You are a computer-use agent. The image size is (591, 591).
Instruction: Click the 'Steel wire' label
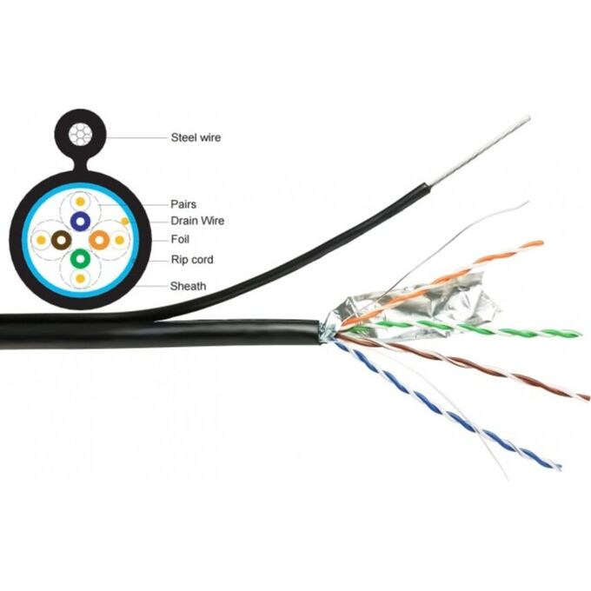coord(196,137)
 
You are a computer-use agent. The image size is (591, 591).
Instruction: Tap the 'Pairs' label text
coord(184,204)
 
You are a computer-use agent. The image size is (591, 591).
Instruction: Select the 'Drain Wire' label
coord(197,221)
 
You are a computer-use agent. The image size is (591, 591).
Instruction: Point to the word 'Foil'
coord(181,239)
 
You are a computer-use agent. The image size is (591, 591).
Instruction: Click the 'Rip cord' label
coord(192,260)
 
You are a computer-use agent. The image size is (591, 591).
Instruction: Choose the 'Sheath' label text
coord(188,284)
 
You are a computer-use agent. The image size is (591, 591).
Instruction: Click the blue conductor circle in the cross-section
coord(80,221)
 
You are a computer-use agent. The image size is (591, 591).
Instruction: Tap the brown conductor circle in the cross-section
coord(60,240)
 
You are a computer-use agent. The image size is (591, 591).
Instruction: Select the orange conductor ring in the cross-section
coord(99,240)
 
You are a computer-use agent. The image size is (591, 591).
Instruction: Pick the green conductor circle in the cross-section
coord(80,259)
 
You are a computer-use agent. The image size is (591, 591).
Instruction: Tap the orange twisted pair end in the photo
coord(513,249)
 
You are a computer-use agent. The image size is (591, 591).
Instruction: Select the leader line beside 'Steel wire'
coord(136,137)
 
